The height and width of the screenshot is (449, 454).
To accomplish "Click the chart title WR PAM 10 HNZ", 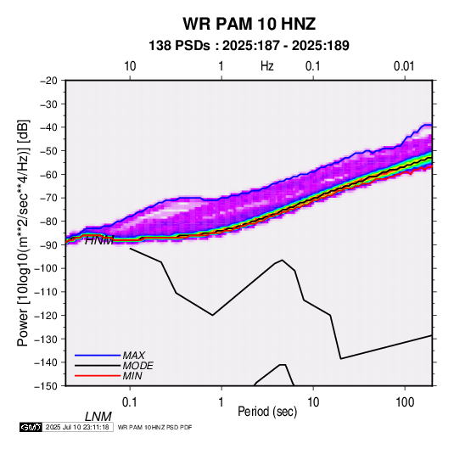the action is point(249,24).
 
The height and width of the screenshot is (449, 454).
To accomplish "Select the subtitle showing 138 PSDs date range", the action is point(249,46).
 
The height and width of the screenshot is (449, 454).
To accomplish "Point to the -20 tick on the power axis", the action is point(48,81).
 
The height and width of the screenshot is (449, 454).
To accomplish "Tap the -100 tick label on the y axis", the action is point(46,268).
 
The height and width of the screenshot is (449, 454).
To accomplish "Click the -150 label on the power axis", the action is point(46,386).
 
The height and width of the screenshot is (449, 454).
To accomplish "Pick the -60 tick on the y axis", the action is point(48,174).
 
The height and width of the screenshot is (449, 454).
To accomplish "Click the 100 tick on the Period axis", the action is point(405,402).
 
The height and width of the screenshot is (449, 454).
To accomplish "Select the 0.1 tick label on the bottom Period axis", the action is point(130,402).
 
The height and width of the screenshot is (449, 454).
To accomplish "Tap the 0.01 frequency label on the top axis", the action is point(404,66).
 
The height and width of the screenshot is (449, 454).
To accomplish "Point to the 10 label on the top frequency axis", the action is point(130,66).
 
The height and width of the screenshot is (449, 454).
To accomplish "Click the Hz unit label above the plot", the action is point(267,66).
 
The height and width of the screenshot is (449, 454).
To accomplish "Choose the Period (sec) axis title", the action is point(267,412).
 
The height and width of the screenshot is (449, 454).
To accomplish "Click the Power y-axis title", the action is point(23,233).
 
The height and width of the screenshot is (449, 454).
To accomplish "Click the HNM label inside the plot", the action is point(99,240).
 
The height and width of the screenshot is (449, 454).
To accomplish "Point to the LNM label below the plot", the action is point(98,417).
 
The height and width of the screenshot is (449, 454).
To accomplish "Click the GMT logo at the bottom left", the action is point(31,427).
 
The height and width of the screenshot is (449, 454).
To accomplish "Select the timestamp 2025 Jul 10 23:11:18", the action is point(77,427).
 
